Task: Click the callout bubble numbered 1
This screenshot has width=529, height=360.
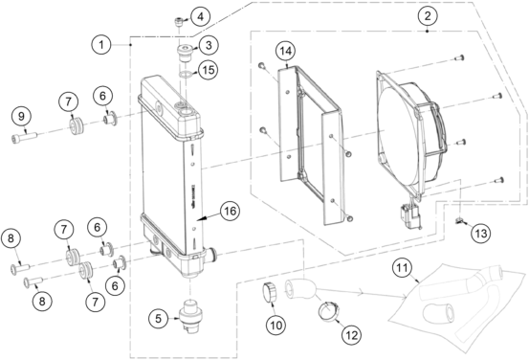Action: pyautogui.click(x=101, y=45)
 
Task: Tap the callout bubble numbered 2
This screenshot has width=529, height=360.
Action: pyautogui.click(x=428, y=15)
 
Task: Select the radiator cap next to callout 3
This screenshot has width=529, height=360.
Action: pyautogui.click(x=185, y=53)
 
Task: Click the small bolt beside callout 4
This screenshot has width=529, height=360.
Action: pyautogui.click(x=179, y=22)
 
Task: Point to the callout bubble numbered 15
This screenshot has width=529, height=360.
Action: pyautogui.click(x=209, y=70)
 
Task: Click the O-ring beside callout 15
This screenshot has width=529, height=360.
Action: pyautogui.click(x=185, y=75)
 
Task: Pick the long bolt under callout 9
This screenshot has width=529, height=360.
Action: pyautogui.click(x=24, y=138)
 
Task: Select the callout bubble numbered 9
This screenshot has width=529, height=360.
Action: pyautogui.click(x=21, y=117)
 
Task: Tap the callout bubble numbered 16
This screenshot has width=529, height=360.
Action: pyautogui.click(x=230, y=211)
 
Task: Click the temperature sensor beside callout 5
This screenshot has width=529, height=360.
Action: pyautogui.click(x=190, y=316)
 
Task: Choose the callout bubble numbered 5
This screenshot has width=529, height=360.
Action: pyautogui.click(x=159, y=318)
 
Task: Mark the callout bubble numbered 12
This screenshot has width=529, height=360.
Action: pyautogui.click(x=351, y=335)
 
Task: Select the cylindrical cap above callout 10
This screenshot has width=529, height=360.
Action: pyautogui.click(x=270, y=292)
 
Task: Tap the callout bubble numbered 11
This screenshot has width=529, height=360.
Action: pyautogui.click(x=402, y=268)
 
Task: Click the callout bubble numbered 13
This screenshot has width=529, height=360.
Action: pyautogui.click(x=481, y=234)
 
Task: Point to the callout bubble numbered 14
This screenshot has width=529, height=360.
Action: pyautogui.click(x=285, y=51)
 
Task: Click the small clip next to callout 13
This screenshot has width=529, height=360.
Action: pyautogui.click(x=459, y=221)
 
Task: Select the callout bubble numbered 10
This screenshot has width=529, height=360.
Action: pyautogui.click(x=276, y=326)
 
